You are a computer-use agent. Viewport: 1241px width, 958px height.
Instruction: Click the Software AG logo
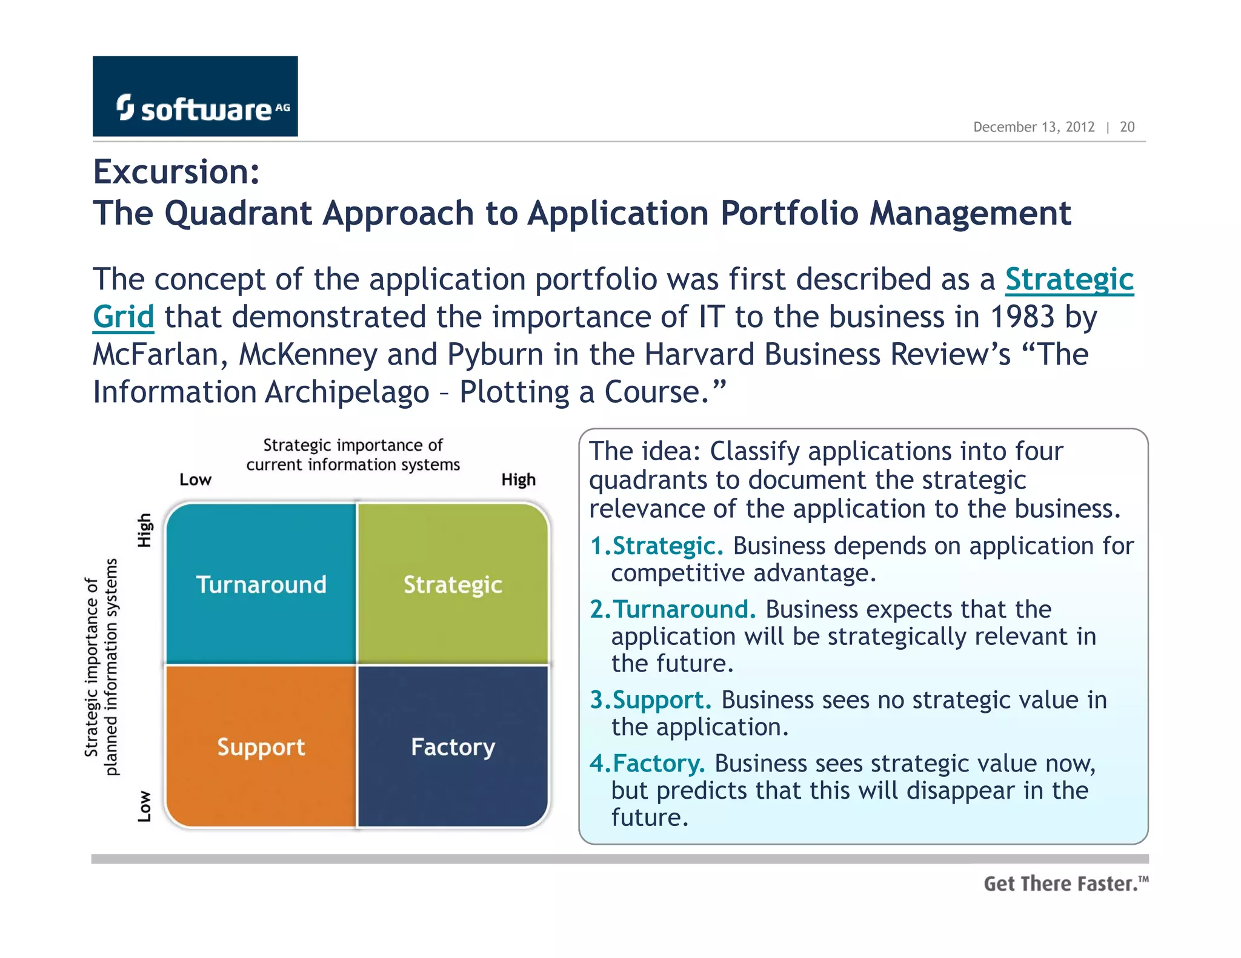click(195, 97)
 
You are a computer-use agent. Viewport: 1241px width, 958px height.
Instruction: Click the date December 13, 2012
click(1033, 127)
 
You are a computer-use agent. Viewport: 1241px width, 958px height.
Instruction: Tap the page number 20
click(1126, 127)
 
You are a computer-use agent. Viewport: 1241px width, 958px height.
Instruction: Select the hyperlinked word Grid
click(124, 317)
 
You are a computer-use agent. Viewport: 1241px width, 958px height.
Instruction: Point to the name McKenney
click(308, 355)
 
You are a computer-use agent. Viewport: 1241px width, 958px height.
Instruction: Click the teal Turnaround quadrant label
click(261, 585)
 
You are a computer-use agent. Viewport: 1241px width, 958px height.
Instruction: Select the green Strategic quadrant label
click(453, 585)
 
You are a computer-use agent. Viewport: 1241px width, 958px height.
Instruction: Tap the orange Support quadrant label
click(261, 747)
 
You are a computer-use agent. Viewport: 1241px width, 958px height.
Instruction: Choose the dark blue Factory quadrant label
click(453, 747)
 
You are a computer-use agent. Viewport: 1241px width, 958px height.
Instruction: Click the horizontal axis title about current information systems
click(353, 455)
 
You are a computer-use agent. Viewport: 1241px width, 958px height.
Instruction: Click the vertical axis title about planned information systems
click(101, 666)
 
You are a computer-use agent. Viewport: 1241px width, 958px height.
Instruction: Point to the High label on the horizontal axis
click(518, 480)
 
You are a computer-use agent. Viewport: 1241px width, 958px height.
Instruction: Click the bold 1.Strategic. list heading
click(657, 546)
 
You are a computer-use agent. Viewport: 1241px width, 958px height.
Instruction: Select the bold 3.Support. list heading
click(651, 700)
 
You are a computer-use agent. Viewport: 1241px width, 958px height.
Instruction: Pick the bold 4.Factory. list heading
click(647, 764)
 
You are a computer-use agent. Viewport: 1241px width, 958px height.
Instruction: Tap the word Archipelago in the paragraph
click(347, 392)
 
